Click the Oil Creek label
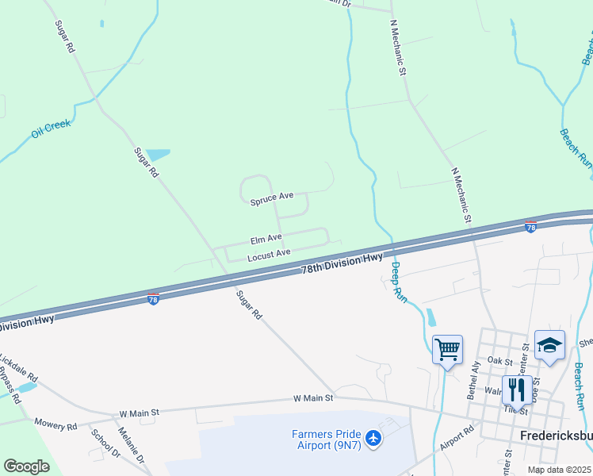tap(52, 128)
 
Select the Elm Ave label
tap(266, 239)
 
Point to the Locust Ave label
tap(269, 255)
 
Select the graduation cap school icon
tap(549, 345)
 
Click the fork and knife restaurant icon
tap(517, 390)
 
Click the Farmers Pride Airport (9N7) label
tap(326, 440)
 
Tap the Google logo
tap(26, 466)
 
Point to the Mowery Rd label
tap(55, 426)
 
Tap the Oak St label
tap(500, 361)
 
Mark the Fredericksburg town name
tap(554, 437)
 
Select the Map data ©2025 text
tap(559, 470)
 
